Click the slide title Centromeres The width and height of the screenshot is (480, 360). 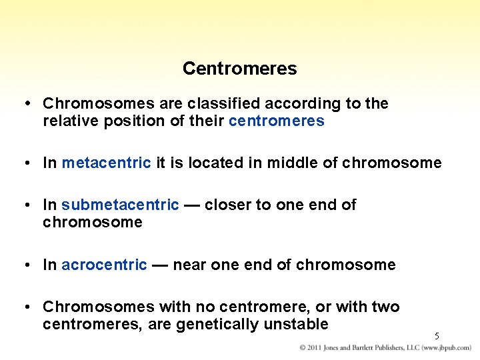pos(239,69)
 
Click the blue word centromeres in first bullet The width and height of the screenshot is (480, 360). pos(276,121)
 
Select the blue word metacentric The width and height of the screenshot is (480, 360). pos(106,163)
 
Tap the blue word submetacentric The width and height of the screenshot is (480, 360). pos(120,205)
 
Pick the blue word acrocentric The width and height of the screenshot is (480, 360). pos(104,265)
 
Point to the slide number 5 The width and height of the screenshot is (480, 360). pos(437,337)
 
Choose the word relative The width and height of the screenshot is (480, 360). pos(67,121)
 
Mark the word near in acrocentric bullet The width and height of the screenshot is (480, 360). pos(189,265)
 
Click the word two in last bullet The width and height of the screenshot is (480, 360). pos(386,307)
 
